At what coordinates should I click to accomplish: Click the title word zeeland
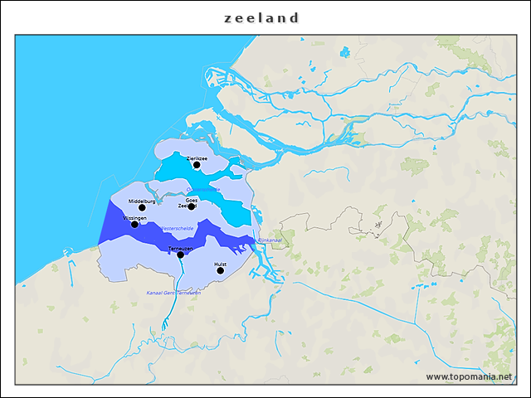click(x=261, y=17)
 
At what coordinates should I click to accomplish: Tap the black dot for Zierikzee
click(x=197, y=165)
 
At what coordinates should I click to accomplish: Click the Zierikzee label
click(x=197, y=158)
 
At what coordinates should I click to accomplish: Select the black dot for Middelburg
click(x=142, y=208)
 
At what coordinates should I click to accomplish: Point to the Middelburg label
click(x=142, y=201)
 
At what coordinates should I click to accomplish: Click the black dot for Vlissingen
click(x=135, y=224)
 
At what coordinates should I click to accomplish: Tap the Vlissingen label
click(x=134, y=218)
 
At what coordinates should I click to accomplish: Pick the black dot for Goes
click(x=192, y=206)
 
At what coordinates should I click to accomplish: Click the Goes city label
click(x=192, y=200)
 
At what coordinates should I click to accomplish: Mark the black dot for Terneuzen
click(x=180, y=255)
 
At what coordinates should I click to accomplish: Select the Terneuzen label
click(x=180, y=248)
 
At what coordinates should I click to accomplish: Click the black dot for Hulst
click(x=220, y=270)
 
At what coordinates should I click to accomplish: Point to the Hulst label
click(x=220, y=264)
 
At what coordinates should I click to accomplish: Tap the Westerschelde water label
click(x=177, y=227)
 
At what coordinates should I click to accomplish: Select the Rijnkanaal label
click(x=270, y=240)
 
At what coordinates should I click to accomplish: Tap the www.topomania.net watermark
click(x=469, y=377)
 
